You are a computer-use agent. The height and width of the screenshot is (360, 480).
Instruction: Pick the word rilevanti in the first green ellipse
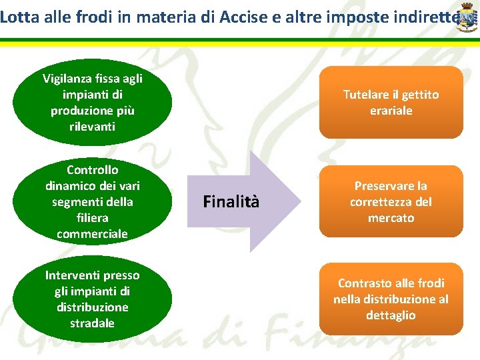(x=92, y=126)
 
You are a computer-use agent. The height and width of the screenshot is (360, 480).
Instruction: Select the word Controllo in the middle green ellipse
(x=92, y=170)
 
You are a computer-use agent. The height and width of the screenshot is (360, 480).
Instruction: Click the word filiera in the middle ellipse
(x=92, y=218)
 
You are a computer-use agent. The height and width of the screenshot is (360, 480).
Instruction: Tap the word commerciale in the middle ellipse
(x=92, y=234)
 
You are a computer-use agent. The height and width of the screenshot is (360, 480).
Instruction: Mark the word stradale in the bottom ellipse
(x=92, y=323)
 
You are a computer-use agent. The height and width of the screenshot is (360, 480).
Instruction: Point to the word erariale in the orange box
(x=391, y=111)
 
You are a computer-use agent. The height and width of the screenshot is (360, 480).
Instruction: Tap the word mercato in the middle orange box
(x=391, y=218)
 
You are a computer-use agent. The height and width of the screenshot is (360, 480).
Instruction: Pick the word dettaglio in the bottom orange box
(x=391, y=315)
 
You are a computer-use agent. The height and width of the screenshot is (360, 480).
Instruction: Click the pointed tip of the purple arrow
(x=302, y=201)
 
